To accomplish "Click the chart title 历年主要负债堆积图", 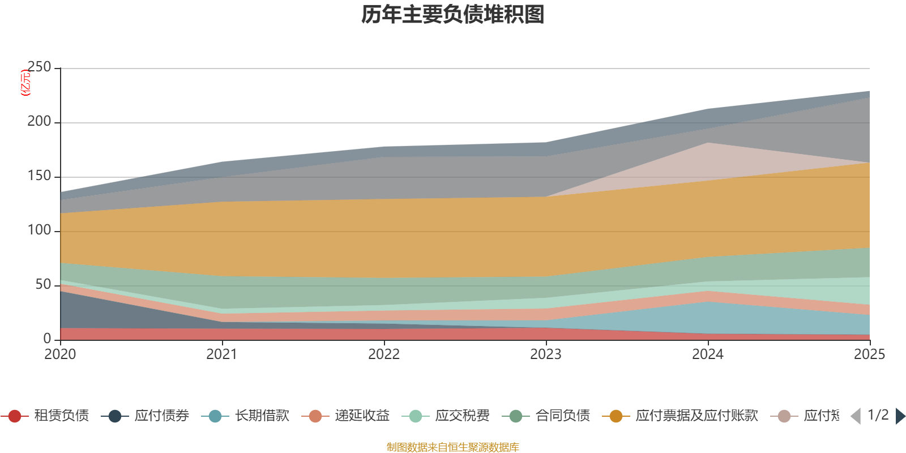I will (453, 15).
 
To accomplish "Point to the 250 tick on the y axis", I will (39, 67).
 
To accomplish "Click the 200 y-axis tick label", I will (39, 122).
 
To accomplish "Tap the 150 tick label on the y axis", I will (39, 176).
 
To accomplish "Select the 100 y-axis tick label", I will (39, 230).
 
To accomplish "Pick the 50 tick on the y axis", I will (43, 285).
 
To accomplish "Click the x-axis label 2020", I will (60, 354).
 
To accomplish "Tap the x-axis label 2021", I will (222, 354).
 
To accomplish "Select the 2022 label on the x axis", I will (384, 354).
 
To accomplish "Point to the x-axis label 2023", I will (546, 354).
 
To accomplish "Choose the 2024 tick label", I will (708, 354).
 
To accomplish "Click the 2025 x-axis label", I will (869, 354).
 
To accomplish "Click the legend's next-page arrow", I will (900, 416).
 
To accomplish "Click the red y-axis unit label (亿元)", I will (25, 83).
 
